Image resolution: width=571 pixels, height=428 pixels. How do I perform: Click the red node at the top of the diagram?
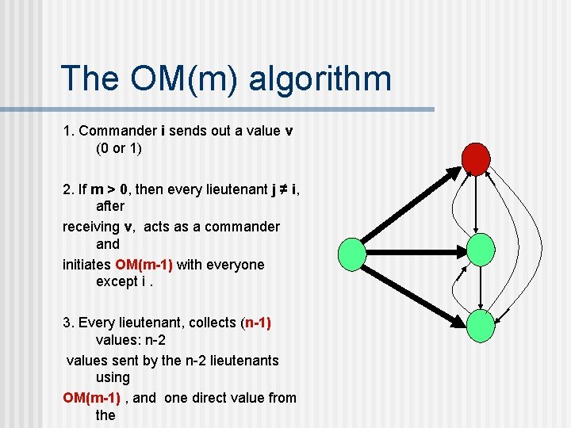[477, 159]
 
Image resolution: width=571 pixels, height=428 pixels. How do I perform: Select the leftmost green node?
[352, 254]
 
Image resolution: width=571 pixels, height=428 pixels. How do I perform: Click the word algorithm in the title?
[320, 79]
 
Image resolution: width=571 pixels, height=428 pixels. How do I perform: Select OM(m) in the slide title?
[187, 79]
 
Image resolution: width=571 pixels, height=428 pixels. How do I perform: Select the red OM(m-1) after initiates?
[144, 264]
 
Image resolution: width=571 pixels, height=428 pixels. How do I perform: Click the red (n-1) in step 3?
[255, 323]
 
